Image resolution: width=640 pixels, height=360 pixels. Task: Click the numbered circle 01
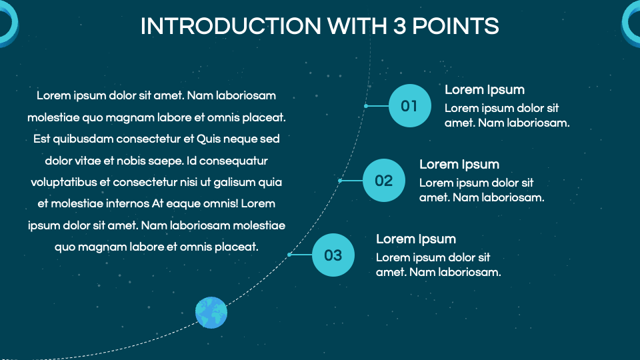409,106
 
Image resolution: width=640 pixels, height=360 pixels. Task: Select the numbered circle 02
384,181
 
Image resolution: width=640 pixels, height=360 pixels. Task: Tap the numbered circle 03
333,255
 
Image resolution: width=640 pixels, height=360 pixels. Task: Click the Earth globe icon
211,312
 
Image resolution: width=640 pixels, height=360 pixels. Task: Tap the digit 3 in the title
397,26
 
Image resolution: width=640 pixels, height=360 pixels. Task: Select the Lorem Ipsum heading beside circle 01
485,90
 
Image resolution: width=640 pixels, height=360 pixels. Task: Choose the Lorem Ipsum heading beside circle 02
459,165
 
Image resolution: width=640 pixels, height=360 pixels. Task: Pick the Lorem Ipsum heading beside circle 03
416,239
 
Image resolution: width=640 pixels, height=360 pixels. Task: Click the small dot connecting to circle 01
366,106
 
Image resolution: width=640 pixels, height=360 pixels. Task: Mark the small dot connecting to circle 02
340,181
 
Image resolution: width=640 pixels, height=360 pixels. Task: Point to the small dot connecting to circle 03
289,255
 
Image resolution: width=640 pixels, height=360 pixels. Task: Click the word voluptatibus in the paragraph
63,182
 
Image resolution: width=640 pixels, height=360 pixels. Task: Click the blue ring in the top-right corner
631,23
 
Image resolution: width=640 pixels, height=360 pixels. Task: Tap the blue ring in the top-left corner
8,23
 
